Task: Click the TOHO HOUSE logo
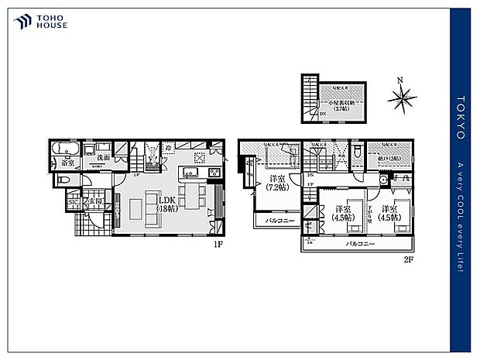41,21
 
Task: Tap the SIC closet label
74,203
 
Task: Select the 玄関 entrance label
94,202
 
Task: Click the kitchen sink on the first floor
190,172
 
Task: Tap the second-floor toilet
356,155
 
